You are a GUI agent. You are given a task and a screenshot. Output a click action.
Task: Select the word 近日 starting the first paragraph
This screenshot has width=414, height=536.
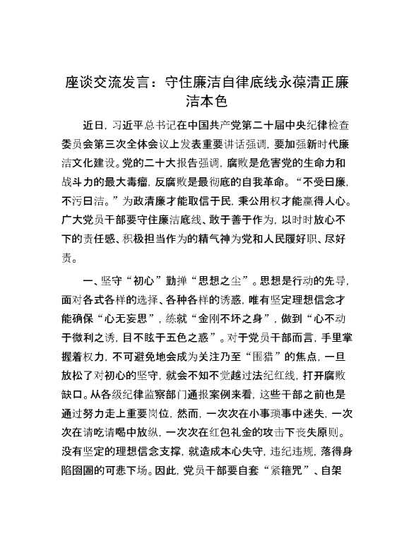tap(93, 126)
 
